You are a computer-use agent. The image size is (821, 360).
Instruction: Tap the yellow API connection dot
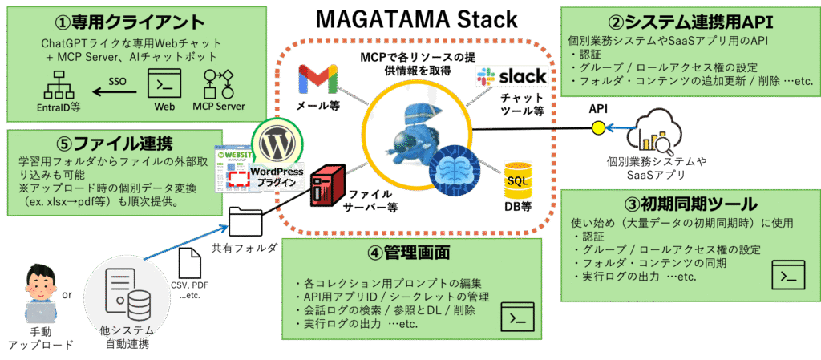click(x=597, y=127)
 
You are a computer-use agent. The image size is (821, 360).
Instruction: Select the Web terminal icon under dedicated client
click(x=165, y=84)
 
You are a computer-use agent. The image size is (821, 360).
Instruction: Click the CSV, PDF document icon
click(x=190, y=263)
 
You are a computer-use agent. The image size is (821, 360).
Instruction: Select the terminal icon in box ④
click(x=517, y=316)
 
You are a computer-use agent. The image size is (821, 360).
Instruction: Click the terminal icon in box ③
click(x=787, y=274)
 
